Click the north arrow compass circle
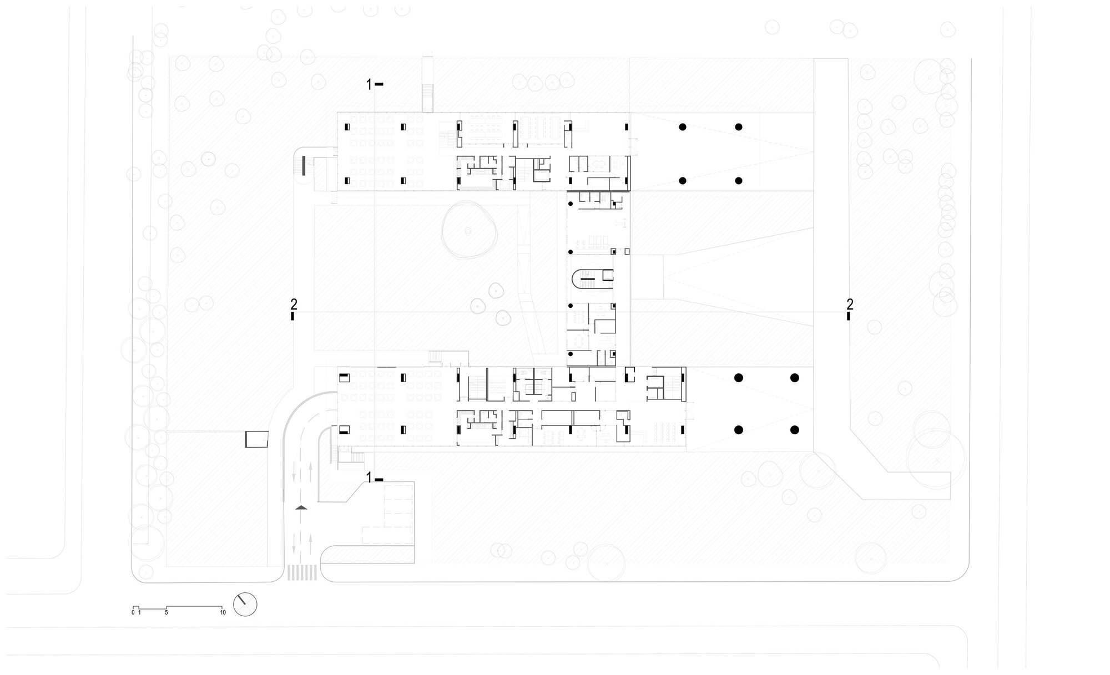click(245, 604)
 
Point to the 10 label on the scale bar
click(223, 613)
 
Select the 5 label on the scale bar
click(167, 613)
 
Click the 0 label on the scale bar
click(133, 613)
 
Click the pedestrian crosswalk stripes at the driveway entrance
click(302, 572)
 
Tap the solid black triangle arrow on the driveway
click(301, 507)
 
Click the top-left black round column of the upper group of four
click(683, 127)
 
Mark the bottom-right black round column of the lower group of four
click(794, 430)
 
